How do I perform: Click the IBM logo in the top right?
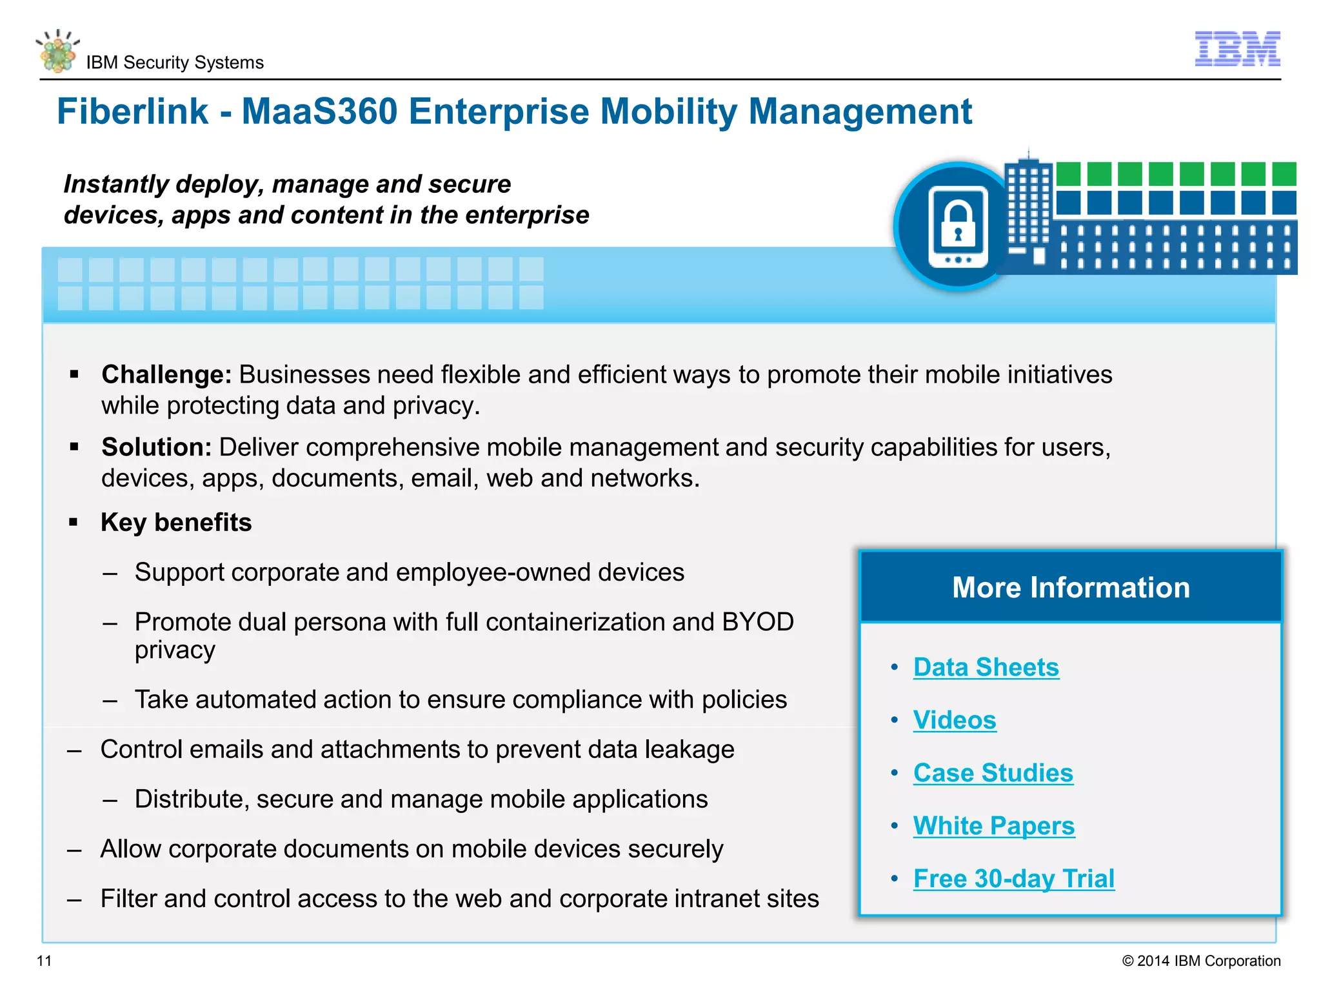[x=1237, y=48]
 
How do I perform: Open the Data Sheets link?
[x=986, y=667]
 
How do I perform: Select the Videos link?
[x=954, y=720]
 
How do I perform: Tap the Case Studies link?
[x=993, y=773]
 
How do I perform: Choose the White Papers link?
[x=993, y=826]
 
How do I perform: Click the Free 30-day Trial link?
[x=1013, y=879]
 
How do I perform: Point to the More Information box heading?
[x=1070, y=587]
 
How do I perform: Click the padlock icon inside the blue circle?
[x=958, y=223]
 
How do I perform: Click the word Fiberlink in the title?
[x=132, y=112]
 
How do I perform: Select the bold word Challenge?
[x=166, y=375]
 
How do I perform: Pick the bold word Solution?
[x=156, y=447]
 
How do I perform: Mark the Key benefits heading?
[x=176, y=523]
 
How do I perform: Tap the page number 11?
[x=44, y=961]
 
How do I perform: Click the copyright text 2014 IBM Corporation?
[x=1201, y=961]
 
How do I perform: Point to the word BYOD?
[x=758, y=622]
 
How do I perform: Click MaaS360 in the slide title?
[x=319, y=112]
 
